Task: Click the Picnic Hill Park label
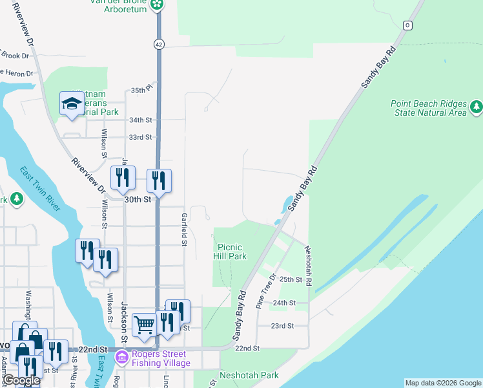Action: (x=231, y=252)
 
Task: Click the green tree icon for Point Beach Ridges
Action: (x=477, y=105)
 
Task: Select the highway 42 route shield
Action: (x=158, y=43)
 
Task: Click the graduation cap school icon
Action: (x=71, y=103)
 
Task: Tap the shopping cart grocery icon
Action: (x=143, y=325)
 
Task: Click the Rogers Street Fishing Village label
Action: (x=159, y=358)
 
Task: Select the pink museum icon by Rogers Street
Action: (x=121, y=356)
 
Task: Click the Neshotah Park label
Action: (x=249, y=375)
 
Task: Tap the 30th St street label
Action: (x=138, y=200)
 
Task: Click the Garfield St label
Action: (x=184, y=230)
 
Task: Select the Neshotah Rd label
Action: (x=309, y=266)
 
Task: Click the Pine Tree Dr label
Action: (x=265, y=290)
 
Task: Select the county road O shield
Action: (x=407, y=25)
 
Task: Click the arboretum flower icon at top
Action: (x=156, y=5)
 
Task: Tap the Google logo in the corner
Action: (x=21, y=381)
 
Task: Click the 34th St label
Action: (x=140, y=120)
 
